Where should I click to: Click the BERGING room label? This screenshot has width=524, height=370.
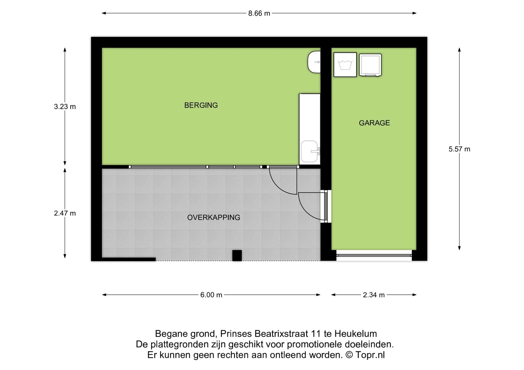click(201, 105)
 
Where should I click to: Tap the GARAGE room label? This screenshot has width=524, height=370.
click(374, 123)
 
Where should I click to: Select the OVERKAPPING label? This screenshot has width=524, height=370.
click(214, 217)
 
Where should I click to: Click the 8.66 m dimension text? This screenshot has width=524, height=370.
click(259, 13)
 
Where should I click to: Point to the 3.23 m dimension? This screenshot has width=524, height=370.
click(65, 107)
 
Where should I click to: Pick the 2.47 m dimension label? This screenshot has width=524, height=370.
click(65, 213)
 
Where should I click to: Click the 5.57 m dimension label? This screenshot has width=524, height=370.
click(459, 149)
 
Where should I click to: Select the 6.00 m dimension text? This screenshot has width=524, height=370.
click(211, 295)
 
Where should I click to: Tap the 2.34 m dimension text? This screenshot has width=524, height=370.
click(374, 295)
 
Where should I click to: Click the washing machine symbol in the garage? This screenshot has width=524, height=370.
click(345, 65)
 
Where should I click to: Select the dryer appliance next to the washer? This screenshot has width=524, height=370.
click(370, 65)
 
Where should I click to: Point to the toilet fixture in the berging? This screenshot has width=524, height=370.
click(314, 62)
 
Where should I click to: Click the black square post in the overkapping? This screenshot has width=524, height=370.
click(237, 255)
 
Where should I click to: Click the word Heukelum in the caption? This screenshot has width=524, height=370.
click(356, 334)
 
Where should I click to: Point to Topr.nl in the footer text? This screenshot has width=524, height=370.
click(370, 355)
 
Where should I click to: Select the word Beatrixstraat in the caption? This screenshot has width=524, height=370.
click(281, 334)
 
